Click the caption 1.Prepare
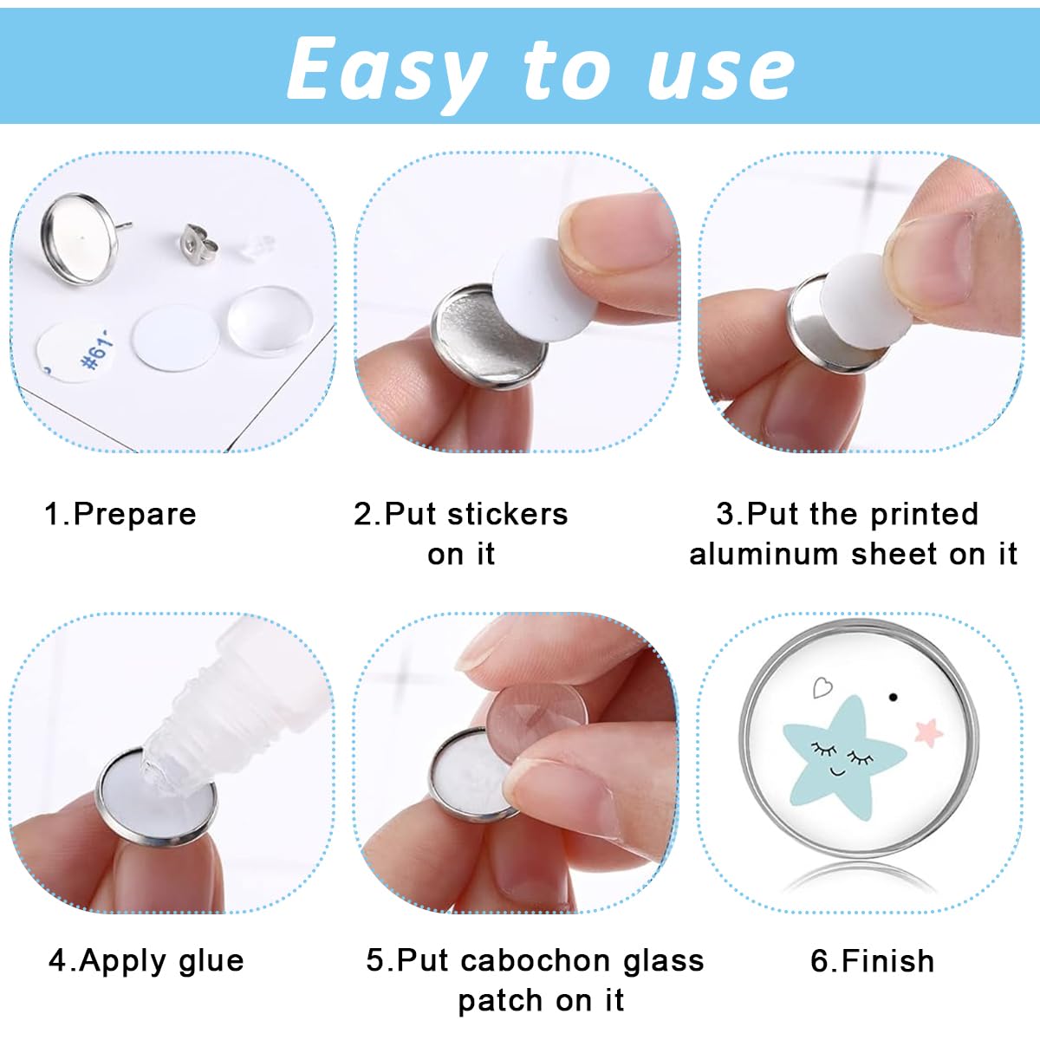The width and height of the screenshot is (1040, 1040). pos(120,514)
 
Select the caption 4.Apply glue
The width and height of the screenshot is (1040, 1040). pos(146,960)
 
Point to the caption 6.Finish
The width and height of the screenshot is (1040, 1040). pos(872,960)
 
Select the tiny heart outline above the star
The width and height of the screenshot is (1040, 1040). pos(822,688)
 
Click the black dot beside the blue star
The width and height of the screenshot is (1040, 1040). pos(894,697)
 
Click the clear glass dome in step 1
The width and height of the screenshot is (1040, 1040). pos(270,320)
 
